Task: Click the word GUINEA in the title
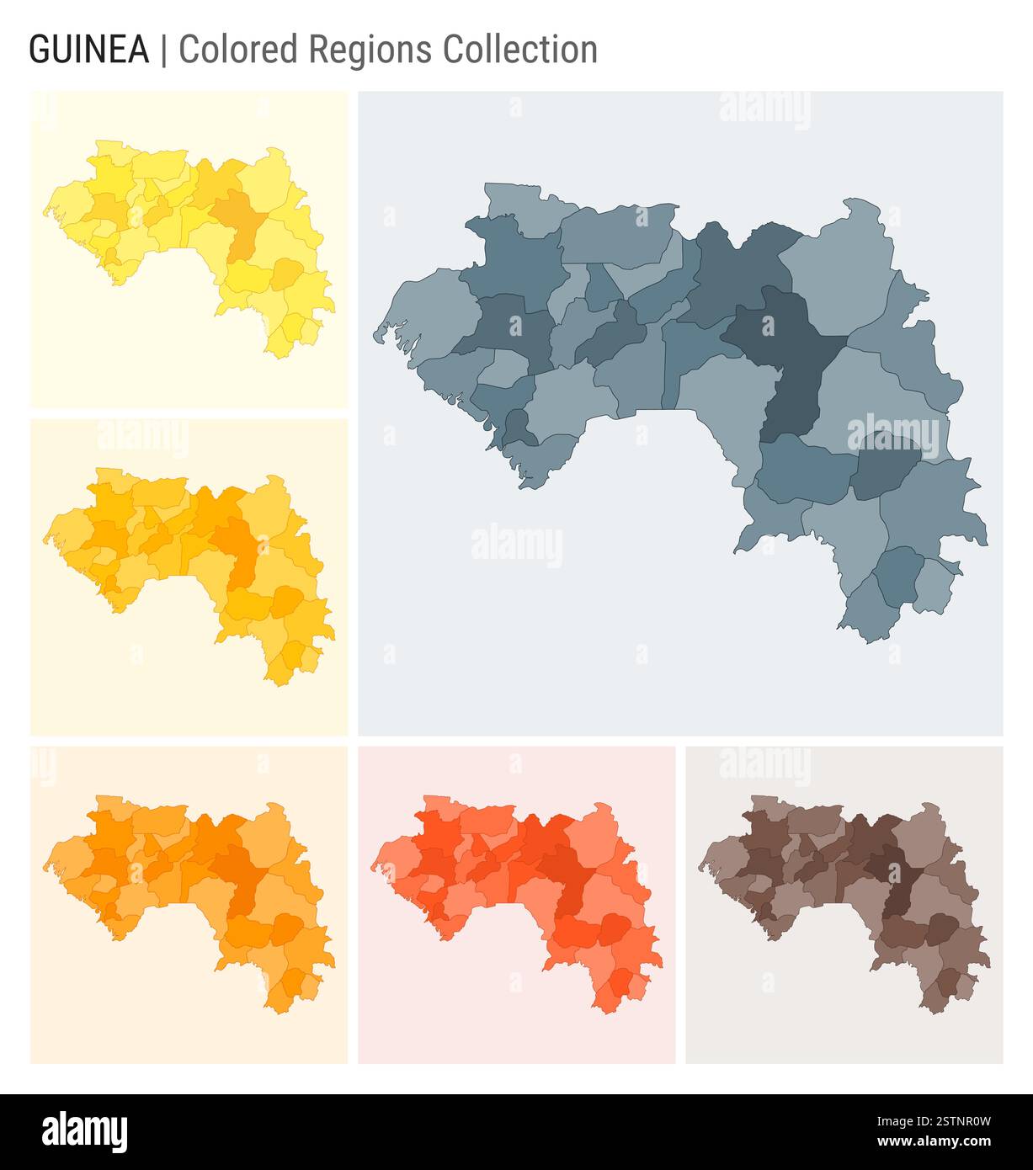click(88, 50)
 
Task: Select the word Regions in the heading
click(371, 50)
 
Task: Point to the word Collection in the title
click(520, 50)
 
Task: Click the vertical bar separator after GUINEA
click(163, 50)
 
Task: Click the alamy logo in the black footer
click(86, 1131)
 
